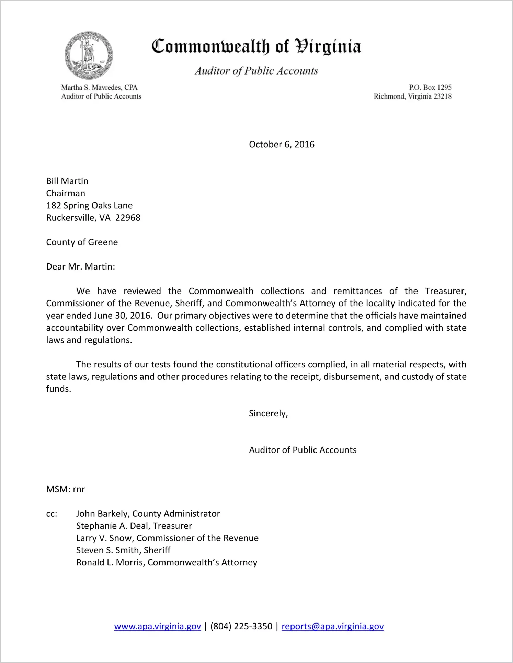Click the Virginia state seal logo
click(x=89, y=55)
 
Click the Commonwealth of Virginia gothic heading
click(x=256, y=46)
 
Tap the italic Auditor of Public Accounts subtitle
click(x=256, y=71)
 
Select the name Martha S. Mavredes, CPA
click(x=99, y=87)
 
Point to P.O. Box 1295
click(x=430, y=87)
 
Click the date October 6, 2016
click(x=282, y=144)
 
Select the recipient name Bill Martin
click(x=67, y=181)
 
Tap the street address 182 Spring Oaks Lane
click(x=89, y=205)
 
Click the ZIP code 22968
click(x=128, y=218)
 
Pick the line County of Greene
click(x=82, y=242)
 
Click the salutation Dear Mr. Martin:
click(x=81, y=266)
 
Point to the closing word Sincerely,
click(x=268, y=413)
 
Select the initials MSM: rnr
click(x=66, y=489)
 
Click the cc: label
click(x=52, y=514)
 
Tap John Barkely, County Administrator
click(x=148, y=514)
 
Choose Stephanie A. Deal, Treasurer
click(x=134, y=526)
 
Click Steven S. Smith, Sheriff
click(x=123, y=550)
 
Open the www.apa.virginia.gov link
click(x=158, y=626)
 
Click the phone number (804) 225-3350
click(x=241, y=626)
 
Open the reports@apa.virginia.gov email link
click(x=332, y=626)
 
